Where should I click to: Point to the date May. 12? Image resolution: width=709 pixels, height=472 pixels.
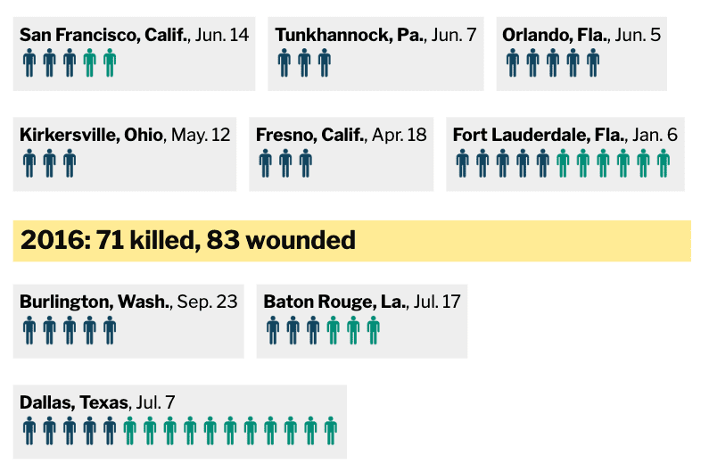(x=200, y=136)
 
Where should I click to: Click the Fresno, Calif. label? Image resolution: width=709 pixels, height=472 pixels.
(x=310, y=136)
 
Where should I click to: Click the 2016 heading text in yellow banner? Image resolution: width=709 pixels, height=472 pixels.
(x=187, y=240)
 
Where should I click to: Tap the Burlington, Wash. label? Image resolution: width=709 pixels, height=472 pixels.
(x=95, y=302)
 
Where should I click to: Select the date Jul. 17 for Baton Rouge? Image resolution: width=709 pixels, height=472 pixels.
(x=437, y=302)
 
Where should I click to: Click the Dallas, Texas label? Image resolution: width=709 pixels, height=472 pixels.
(x=74, y=402)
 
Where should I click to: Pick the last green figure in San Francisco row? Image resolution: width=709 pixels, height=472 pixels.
(x=110, y=63)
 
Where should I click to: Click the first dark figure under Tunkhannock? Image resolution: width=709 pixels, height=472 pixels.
(x=284, y=63)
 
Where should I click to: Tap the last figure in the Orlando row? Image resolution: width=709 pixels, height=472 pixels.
(x=592, y=63)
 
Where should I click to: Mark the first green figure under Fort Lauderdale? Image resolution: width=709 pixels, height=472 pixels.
(x=563, y=163)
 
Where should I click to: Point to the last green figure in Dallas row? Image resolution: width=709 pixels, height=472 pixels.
(x=331, y=430)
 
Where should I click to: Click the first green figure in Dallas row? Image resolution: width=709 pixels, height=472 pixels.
(x=130, y=430)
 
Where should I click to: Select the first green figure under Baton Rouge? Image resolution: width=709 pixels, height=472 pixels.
(x=334, y=330)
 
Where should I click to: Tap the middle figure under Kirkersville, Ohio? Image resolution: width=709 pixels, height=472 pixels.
(x=50, y=163)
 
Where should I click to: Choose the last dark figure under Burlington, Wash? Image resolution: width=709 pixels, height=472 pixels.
(x=110, y=330)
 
